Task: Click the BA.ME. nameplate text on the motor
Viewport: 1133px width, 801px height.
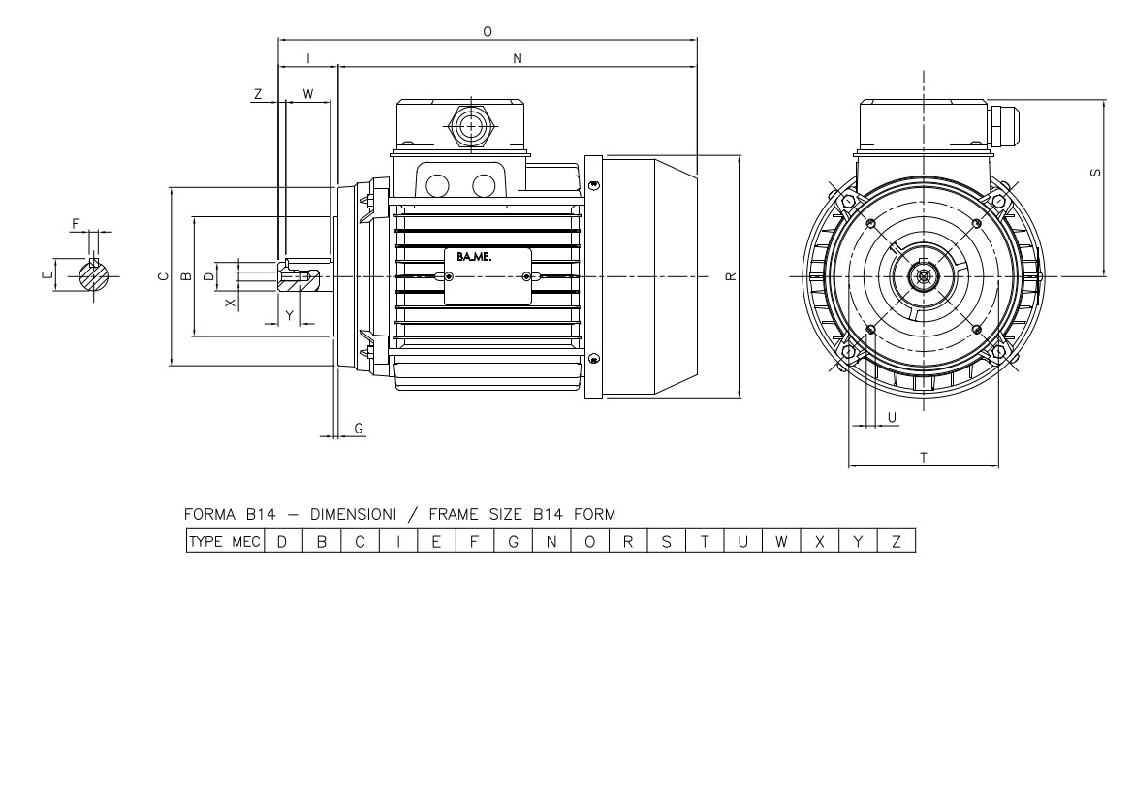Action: pos(473,257)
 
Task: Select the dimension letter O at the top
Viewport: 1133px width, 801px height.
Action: pos(488,32)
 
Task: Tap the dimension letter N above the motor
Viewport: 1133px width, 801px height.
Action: pos(518,58)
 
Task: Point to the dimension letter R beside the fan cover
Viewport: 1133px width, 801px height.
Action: pos(731,276)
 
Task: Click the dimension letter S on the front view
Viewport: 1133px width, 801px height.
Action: pos(1096,173)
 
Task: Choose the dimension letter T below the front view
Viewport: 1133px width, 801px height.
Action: pos(924,458)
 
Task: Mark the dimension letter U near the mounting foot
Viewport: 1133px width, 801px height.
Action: pos(892,418)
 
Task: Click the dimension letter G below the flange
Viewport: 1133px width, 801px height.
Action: pos(359,429)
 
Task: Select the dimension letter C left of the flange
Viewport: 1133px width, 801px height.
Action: pos(163,276)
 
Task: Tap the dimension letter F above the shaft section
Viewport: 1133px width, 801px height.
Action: pos(76,225)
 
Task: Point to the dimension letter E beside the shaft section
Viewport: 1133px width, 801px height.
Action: pos(47,275)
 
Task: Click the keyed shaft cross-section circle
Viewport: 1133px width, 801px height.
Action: pos(94,275)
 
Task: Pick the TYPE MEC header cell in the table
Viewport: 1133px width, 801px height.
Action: pos(225,541)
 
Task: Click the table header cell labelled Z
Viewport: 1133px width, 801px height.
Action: pos(897,541)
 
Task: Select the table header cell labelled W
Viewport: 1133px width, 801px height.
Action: pos(781,541)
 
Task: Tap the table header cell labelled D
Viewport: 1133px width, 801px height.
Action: pos(283,541)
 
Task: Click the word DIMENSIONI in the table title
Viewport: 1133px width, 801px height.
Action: pos(354,515)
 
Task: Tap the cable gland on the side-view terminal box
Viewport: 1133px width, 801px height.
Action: pos(471,127)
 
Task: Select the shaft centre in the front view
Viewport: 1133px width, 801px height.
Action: pos(924,276)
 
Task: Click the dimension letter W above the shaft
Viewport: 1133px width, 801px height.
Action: pos(308,95)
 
